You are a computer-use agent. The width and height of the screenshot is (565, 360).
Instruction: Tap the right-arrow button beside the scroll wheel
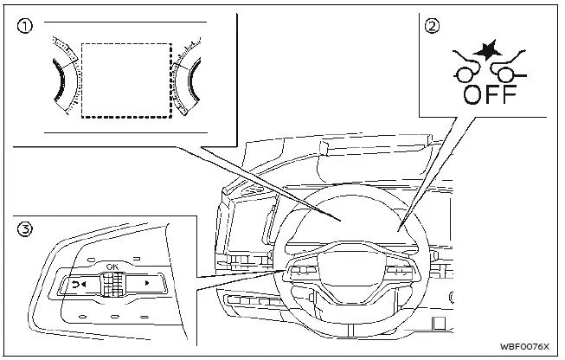tap(147, 284)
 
